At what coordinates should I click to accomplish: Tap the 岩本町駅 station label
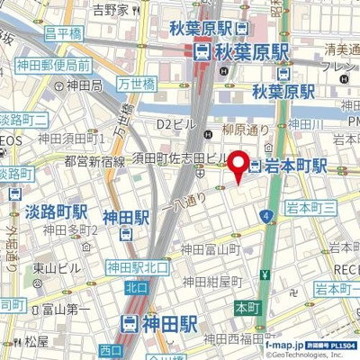point(297,166)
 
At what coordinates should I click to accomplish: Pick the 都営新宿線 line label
point(94,162)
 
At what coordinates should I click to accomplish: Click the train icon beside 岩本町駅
point(256,166)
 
